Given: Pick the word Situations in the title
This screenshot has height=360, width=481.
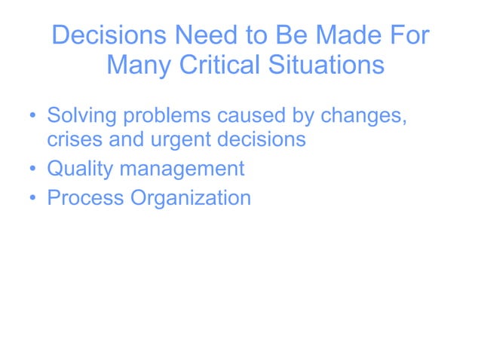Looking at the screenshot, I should tap(326, 66).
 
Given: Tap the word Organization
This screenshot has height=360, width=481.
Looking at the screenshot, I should tap(191, 199).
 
